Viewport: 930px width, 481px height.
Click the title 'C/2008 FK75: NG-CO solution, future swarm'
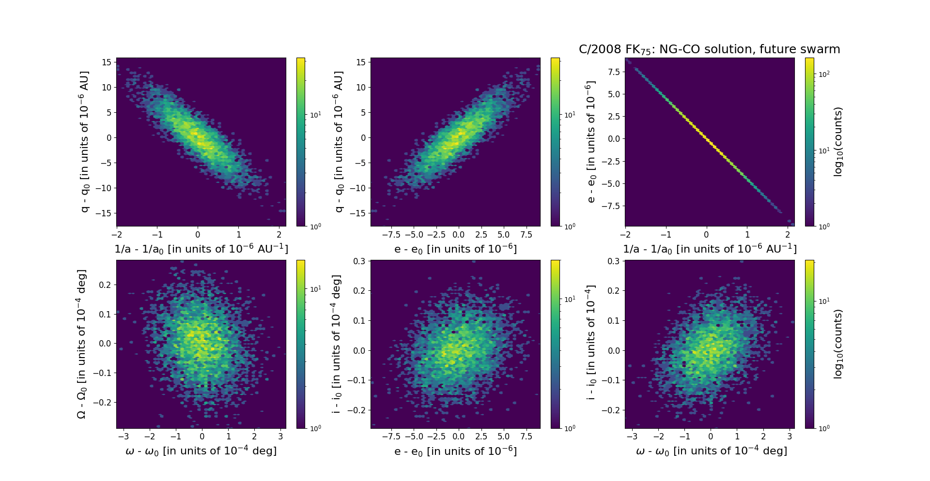pyautogui.click(x=709, y=49)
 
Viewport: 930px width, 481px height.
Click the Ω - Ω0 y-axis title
pyautogui.click(x=81, y=344)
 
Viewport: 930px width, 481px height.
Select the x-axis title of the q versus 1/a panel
pyautogui.click(x=201, y=249)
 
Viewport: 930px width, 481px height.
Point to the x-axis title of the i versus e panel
pyautogui.click(x=455, y=451)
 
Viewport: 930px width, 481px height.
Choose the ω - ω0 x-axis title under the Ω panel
pyautogui.click(x=201, y=451)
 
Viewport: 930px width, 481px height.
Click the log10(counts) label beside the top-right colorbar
pyautogui.click(x=838, y=142)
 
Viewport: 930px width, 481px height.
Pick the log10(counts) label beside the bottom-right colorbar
pyautogui.click(x=838, y=344)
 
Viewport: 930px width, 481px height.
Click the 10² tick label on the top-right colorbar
pyautogui.click(x=824, y=74)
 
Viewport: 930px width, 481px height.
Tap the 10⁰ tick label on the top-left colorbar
pyautogui.click(x=315, y=226)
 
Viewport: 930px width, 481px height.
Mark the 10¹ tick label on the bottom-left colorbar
pyautogui.click(x=315, y=289)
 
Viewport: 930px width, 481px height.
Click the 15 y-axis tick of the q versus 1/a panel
pyautogui.click(x=107, y=62)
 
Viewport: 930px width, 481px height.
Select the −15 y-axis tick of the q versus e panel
pyautogui.click(x=357, y=213)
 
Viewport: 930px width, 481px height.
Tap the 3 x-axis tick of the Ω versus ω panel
pyautogui.click(x=280, y=436)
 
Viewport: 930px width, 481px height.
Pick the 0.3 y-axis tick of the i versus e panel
pyautogui.click(x=359, y=261)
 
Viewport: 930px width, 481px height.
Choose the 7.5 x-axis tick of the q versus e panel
pyautogui.click(x=526, y=235)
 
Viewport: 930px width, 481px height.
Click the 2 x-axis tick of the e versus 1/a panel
pyautogui.click(x=788, y=235)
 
